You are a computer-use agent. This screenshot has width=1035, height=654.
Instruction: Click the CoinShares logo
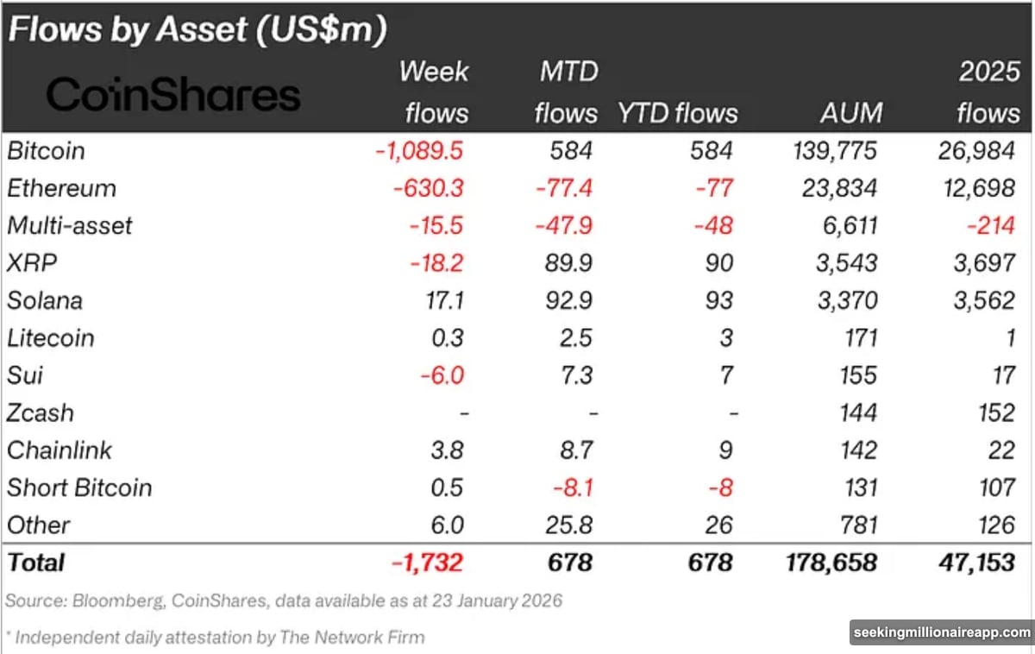[x=172, y=94]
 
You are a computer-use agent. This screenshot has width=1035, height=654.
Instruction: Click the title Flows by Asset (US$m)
[x=198, y=29]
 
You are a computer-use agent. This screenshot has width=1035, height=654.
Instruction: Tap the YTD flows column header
[x=677, y=113]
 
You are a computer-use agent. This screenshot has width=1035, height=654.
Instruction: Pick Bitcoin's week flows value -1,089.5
[x=419, y=151]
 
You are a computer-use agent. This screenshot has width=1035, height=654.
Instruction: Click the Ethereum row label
[x=61, y=188]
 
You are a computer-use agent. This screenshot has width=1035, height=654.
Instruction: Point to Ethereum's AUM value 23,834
[x=834, y=188]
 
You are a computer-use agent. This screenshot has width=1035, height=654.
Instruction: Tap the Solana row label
[x=45, y=300]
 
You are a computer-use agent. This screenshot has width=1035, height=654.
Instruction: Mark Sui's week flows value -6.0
[x=442, y=375]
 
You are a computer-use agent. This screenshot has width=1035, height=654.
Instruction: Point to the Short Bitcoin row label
[x=79, y=487]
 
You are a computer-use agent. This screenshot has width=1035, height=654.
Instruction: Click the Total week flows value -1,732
[x=427, y=563]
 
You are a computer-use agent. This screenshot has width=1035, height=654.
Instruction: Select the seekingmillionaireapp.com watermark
[x=941, y=632]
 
